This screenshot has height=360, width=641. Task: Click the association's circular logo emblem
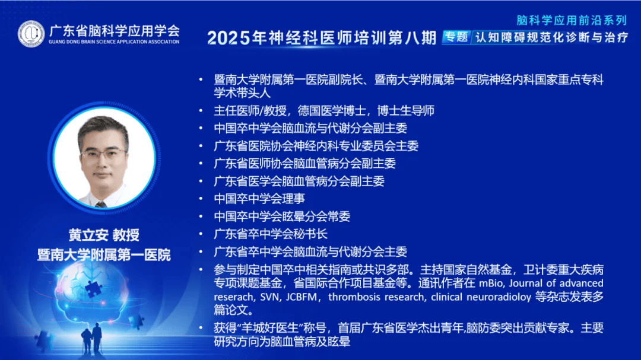click(x=31, y=34)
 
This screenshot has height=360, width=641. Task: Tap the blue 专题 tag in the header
click(x=456, y=37)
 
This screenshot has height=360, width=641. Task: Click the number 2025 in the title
click(x=229, y=38)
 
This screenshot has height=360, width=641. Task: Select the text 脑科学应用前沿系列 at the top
click(x=572, y=20)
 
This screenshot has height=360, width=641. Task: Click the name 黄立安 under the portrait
click(x=88, y=235)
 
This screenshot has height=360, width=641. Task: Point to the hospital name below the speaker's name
click(x=104, y=255)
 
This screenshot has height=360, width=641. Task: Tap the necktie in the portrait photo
click(x=100, y=204)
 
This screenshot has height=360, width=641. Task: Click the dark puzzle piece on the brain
click(x=94, y=288)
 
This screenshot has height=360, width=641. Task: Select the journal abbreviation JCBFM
click(x=302, y=297)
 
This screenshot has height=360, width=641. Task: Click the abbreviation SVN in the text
click(x=269, y=297)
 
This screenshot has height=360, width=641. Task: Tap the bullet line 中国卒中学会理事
click(x=259, y=199)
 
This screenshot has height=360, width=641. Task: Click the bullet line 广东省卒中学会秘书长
click(x=271, y=234)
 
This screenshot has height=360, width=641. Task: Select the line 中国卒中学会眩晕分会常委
click(x=282, y=216)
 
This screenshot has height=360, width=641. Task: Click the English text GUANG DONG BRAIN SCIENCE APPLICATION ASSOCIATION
click(x=114, y=42)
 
